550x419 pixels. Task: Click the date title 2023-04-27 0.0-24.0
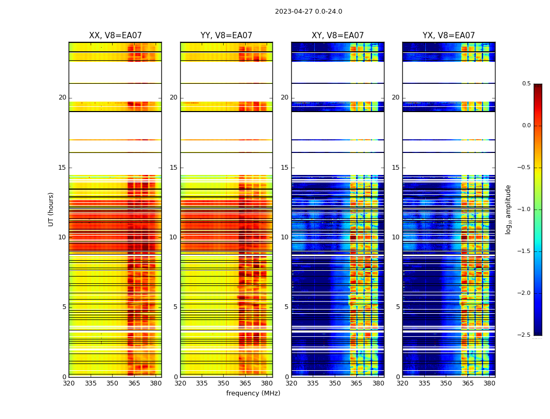click(308, 12)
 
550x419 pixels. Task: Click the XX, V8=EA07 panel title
click(115, 36)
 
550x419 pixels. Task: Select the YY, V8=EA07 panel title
click(226, 36)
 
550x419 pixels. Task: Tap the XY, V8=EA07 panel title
click(337, 36)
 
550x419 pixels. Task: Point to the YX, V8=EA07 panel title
click(448, 36)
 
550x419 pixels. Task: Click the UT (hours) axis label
click(51, 209)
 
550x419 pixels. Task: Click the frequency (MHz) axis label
click(253, 393)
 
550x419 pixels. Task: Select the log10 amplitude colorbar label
click(508, 209)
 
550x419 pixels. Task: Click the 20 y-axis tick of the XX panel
click(62, 97)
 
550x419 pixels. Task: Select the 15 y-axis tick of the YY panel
click(173, 168)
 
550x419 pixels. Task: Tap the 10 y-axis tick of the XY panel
click(284, 237)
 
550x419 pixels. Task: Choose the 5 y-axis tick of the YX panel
click(398, 307)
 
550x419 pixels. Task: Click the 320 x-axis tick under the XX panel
click(69, 383)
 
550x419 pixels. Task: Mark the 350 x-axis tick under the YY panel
click(224, 383)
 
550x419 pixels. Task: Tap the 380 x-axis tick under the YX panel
click(489, 383)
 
